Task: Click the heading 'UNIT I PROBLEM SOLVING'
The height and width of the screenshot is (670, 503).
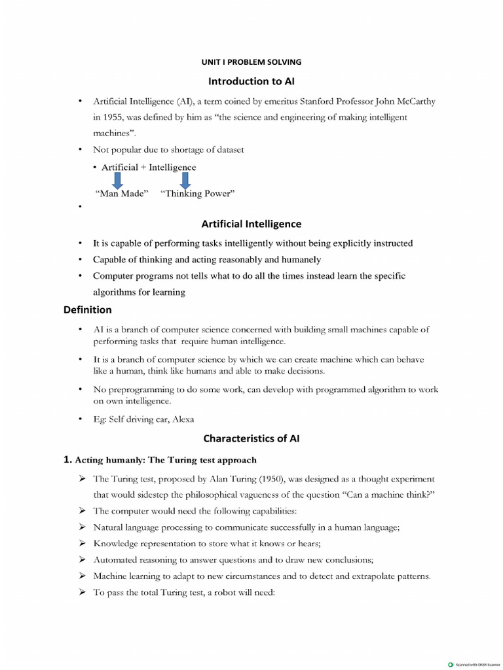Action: [x=251, y=62]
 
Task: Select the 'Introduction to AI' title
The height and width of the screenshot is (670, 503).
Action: [x=251, y=81]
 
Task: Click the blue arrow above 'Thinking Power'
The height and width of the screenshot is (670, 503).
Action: [x=185, y=180]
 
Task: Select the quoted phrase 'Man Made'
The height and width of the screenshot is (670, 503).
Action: [x=122, y=193]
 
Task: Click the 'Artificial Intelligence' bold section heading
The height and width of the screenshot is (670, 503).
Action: [x=251, y=224]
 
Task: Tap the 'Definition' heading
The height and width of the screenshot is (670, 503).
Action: [x=87, y=309]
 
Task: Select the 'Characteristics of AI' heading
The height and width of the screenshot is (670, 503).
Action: [x=251, y=438]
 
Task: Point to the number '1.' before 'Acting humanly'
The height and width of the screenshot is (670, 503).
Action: [x=67, y=460]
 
